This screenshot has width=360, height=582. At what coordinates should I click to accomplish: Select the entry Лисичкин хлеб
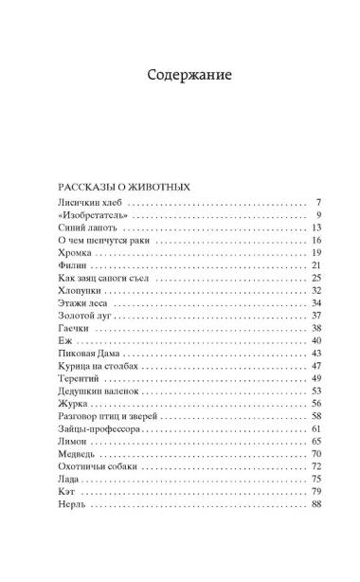pyautogui.click(x=91, y=204)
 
